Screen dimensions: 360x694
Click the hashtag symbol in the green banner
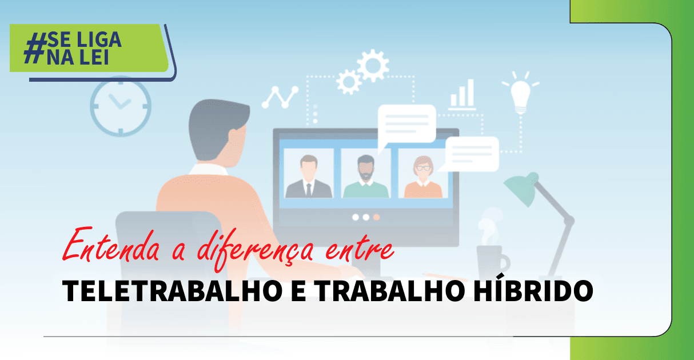pos(35,48)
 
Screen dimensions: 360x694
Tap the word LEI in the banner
pos(93,58)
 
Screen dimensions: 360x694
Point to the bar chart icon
pos(462,94)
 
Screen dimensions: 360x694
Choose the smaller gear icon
pos(348,81)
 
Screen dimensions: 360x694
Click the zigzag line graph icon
pos(280,97)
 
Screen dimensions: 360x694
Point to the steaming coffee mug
pos(491,257)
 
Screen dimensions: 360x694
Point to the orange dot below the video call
pos(376,217)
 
